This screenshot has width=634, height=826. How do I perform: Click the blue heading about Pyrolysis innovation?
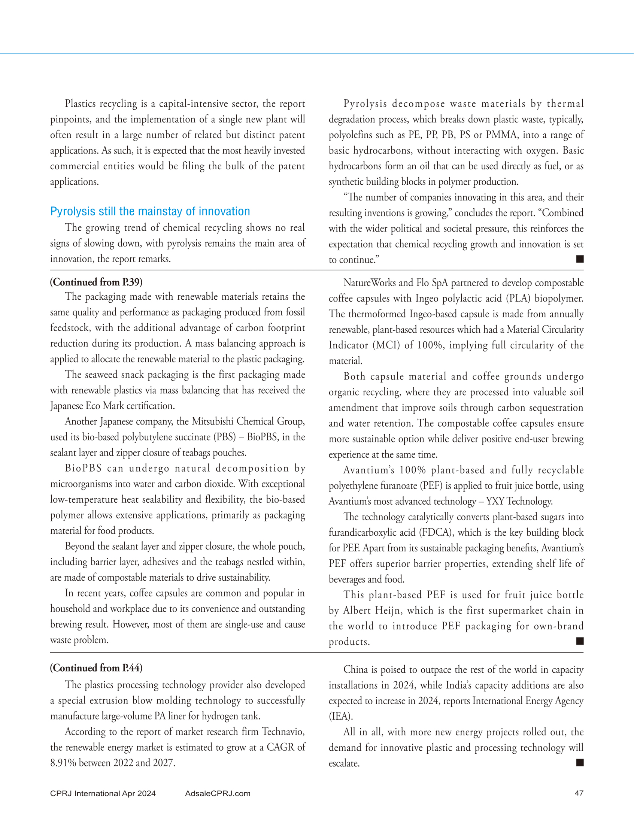coord(150,211)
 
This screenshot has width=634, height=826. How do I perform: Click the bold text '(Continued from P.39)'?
coord(96,282)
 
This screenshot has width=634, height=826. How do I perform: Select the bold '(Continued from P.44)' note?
coord(96,668)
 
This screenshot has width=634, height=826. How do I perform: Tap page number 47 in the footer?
coord(579,793)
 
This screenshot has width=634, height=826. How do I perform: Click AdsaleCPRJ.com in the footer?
coord(218,793)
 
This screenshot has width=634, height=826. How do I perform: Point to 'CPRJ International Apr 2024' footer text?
coord(103,793)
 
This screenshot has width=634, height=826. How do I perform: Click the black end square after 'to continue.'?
coord(580,259)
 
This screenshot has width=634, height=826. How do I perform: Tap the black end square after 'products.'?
coord(580,641)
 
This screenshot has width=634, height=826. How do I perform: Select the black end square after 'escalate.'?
coord(580,762)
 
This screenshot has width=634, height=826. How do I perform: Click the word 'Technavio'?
coord(283,732)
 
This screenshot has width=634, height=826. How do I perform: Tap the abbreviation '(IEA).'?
coord(341,716)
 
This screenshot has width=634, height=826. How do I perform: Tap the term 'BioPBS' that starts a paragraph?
coord(84,468)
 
